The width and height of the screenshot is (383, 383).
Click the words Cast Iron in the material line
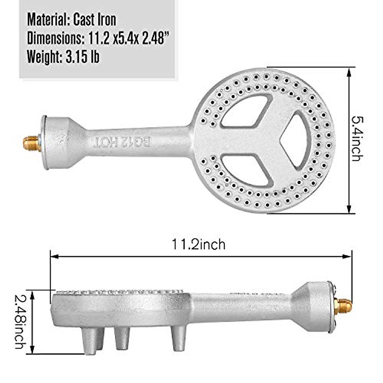coord(94,20)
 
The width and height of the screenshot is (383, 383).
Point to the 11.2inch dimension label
coord(199,244)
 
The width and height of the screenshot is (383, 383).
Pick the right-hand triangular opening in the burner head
coord(295,139)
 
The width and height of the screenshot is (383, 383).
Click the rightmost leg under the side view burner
coord(178,338)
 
